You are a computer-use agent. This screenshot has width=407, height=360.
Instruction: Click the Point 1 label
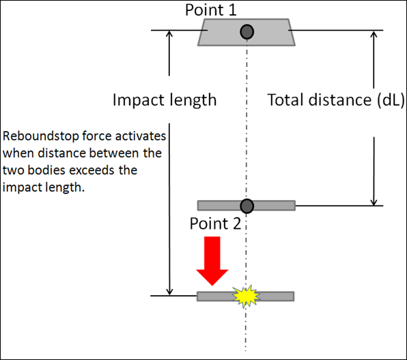[x=211, y=10]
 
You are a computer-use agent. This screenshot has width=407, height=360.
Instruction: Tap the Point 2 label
[x=215, y=223]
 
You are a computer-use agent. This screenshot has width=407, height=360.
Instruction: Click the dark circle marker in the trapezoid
[x=247, y=32]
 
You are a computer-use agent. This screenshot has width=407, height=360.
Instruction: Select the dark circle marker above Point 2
[x=247, y=206]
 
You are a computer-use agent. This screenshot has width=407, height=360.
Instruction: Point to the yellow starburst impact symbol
[x=246, y=296]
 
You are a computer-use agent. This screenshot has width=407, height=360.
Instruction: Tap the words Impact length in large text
[x=165, y=100]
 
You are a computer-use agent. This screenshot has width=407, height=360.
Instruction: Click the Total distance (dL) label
[x=335, y=100]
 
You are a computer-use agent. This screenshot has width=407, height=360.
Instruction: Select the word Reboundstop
[x=41, y=136]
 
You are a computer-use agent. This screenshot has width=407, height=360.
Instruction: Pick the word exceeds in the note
[x=92, y=170]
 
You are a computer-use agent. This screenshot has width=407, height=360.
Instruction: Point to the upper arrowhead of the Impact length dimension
[x=169, y=33]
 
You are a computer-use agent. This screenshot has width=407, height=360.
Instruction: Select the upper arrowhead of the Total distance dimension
[x=374, y=34]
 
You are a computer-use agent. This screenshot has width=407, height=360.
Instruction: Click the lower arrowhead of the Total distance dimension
[x=374, y=202]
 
